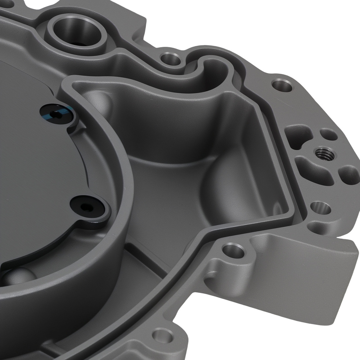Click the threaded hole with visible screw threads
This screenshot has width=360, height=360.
[324, 153]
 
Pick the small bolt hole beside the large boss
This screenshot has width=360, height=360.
[170, 58]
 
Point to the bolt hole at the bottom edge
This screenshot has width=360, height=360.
[162, 336]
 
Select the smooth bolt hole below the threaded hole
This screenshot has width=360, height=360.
[320, 208]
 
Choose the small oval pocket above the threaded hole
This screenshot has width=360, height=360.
[328, 135]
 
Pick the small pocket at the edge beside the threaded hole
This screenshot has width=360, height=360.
[347, 173]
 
